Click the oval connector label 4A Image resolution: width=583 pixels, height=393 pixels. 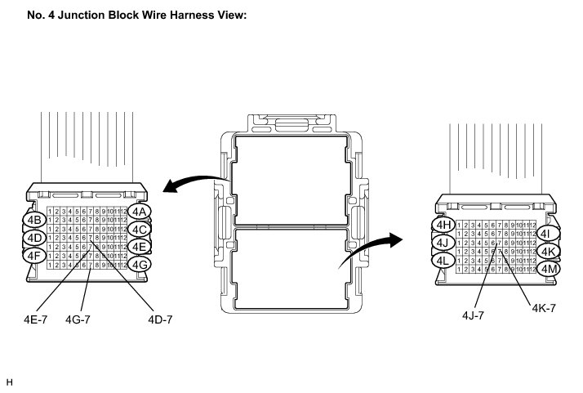140,212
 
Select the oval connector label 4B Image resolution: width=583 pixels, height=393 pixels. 34,220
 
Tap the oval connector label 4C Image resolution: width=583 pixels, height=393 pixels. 139,230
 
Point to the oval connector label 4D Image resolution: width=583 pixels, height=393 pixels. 33,238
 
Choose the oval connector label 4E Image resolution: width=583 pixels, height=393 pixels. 139,247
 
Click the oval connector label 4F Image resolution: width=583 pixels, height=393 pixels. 33,255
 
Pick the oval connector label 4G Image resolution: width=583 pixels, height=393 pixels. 140,264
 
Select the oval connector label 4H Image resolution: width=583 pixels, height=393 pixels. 443,225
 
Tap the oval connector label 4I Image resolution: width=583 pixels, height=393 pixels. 548,234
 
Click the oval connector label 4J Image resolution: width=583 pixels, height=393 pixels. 443,243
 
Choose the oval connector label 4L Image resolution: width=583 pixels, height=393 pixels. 443,261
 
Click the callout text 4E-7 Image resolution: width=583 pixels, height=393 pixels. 36,319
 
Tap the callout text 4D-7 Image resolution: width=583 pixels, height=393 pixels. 160,319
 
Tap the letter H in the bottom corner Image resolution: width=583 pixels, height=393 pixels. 9,382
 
